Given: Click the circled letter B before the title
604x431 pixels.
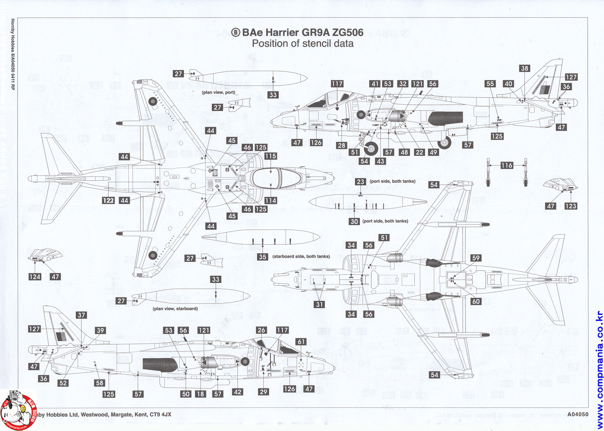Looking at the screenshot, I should click(x=236, y=32).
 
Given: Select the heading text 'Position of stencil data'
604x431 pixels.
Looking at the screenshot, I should click(x=303, y=43).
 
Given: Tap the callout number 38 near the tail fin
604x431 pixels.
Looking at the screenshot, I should click(x=524, y=68).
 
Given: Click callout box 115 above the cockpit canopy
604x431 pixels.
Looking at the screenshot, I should click(x=271, y=156).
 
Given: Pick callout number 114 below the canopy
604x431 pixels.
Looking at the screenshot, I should click(x=271, y=201).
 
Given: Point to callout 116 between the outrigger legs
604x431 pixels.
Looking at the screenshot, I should click(x=507, y=165).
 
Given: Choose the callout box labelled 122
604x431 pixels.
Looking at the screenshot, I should click(x=109, y=201).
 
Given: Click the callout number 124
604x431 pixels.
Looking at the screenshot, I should click(x=35, y=277).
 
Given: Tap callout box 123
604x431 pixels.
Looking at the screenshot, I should click(x=571, y=206).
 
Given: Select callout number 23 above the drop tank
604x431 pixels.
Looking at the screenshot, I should click(x=360, y=182).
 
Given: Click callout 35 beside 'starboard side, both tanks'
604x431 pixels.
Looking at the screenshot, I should click(x=263, y=257).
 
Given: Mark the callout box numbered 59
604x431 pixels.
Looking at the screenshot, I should click(x=476, y=258).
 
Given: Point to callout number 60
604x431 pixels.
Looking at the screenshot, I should click(x=476, y=301).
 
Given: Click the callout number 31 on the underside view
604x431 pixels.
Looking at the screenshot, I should click(x=319, y=305).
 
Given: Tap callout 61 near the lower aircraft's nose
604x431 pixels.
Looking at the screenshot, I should click(x=301, y=342).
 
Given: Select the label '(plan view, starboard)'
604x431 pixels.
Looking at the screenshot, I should click(x=175, y=309).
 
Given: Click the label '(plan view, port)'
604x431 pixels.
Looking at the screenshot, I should click(x=218, y=93).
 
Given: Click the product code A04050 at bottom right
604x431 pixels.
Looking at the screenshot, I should click(x=577, y=414).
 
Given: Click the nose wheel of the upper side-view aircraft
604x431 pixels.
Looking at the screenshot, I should click(x=371, y=148).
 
